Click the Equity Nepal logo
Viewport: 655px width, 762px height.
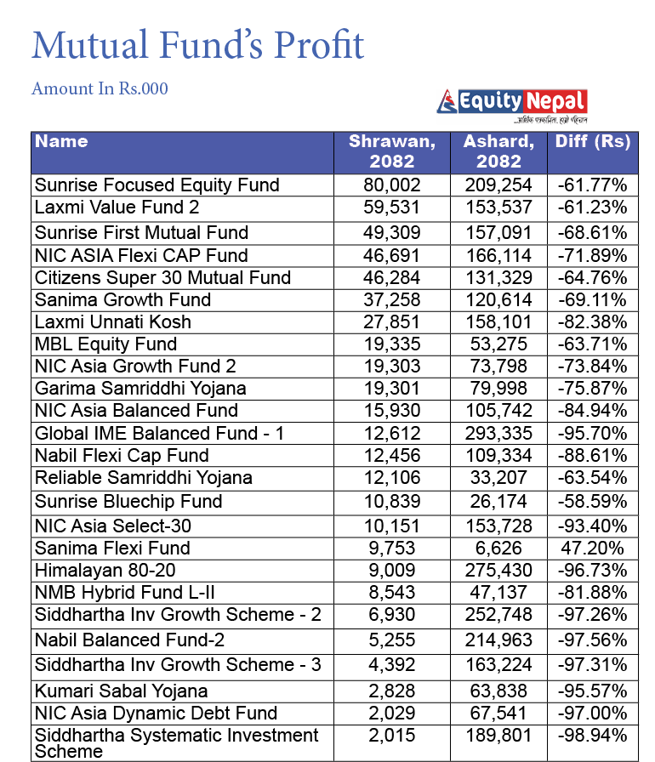click(x=512, y=105)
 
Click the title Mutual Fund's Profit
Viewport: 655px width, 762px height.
click(x=197, y=44)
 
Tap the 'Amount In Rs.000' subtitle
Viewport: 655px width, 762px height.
click(x=100, y=88)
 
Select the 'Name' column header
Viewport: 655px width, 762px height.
click(x=61, y=142)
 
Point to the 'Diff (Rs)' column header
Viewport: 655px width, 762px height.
click(x=593, y=142)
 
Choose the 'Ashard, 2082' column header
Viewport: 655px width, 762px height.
click(x=498, y=151)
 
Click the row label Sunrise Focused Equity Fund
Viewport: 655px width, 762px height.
click(x=157, y=185)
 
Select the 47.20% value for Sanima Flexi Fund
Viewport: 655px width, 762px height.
click(x=593, y=548)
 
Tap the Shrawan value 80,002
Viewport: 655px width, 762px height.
click(x=392, y=185)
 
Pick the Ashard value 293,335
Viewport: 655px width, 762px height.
click(x=498, y=433)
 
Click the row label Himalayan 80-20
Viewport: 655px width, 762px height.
click(x=105, y=570)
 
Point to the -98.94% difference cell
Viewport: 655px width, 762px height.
click(x=593, y=736)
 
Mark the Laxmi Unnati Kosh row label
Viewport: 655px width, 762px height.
click(x=112, y=322)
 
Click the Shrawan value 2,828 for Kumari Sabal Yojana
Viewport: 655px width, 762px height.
click(x=392, y=691)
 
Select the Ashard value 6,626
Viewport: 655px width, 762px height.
click(x=498, y=548)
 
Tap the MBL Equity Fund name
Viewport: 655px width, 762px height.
click(x=105, y=344)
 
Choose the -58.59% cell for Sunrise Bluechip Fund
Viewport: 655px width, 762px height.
click(x=593, y=501)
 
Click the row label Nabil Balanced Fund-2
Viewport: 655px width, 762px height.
click(x=129, y=640)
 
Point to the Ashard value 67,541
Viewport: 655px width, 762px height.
click(x=498, y=713)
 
